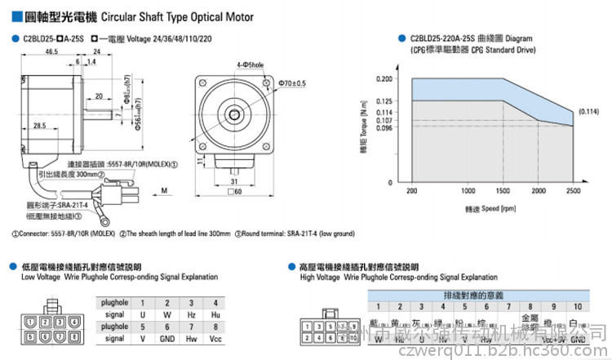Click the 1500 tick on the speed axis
pyautogui.click(x=503, y=190)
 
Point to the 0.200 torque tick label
pyautogui.click(x=384, y=80)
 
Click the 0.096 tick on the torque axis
pyautogui.click(x=384, y=127)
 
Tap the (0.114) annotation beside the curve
pyautogui.click(x=588, y=111)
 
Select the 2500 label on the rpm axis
pyautogui.click(x=574, y=190)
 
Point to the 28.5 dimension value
pyautogui.click(x=39, y=126)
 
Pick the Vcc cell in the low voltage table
pyautogui.click(x=215, y=337)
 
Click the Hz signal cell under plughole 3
pyautogui.click(x=192, y=313)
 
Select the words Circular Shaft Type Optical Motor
pyautogui.click(x=188, y=16)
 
